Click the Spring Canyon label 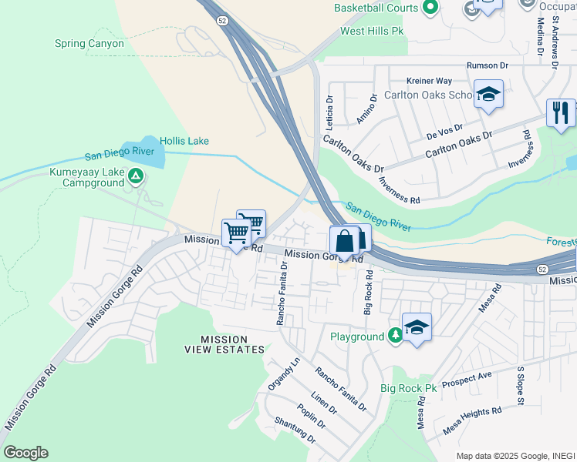[89, 44]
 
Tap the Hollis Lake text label [184, 141]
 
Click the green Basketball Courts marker [430, 8]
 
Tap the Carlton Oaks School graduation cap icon [488, 95]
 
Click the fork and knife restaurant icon [561, 112]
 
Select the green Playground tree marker [394, 336]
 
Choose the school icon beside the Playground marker [417, 327]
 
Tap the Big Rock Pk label [409, 389]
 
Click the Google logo [25, 453]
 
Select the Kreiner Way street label [429, 81]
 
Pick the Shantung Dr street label [295, 430]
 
